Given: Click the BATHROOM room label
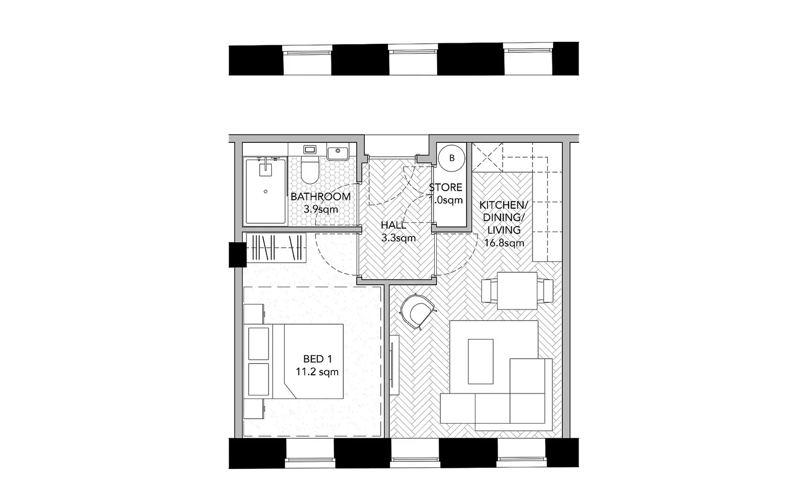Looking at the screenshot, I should tap(320, 196).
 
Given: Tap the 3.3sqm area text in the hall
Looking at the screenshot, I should tap(398, 238).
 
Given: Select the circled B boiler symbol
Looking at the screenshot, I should tap(451, 158).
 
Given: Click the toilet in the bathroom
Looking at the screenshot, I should tap(309, 171).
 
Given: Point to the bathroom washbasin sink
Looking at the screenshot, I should tap(338, 151).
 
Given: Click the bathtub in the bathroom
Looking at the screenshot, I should tap(265, 191).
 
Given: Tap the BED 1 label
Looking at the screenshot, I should tap(317, 359).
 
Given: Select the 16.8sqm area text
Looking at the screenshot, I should tap(504, 243).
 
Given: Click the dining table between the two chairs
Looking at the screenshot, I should tap(517, 291).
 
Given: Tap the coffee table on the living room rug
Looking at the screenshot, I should tap(480, 361).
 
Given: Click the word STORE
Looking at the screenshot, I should tap(446, 188).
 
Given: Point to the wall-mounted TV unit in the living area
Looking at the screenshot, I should tap(395, 361).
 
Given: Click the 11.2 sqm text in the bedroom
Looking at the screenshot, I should tap(317, 372).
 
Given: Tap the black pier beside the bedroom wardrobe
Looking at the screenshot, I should tap(236, 255).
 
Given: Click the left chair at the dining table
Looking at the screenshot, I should tap(487, 290).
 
